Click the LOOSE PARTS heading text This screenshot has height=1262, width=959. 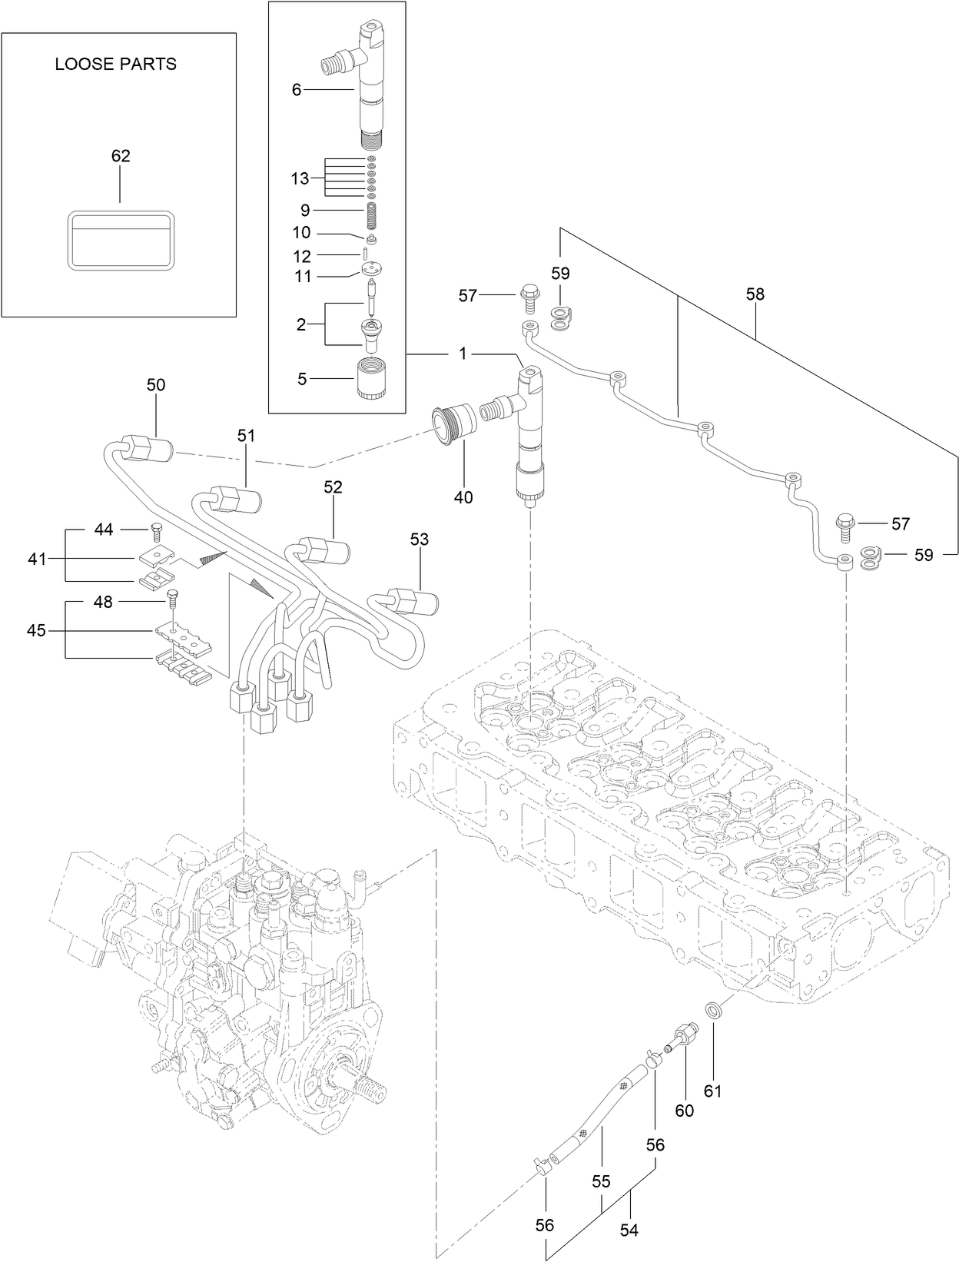tap(115, 65)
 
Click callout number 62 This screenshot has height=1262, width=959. tap(121, 156)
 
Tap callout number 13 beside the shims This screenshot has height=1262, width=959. tap(300, 178)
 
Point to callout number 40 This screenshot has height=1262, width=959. tap(463, 497)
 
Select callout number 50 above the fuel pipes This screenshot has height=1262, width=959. tap(156, 385)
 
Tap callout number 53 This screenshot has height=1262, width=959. tap(419, 540)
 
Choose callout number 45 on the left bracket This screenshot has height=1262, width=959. tap(36, 630)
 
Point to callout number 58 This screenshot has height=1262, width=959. tap(755, 294)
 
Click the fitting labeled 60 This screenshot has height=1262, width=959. tap(685, 1034)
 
